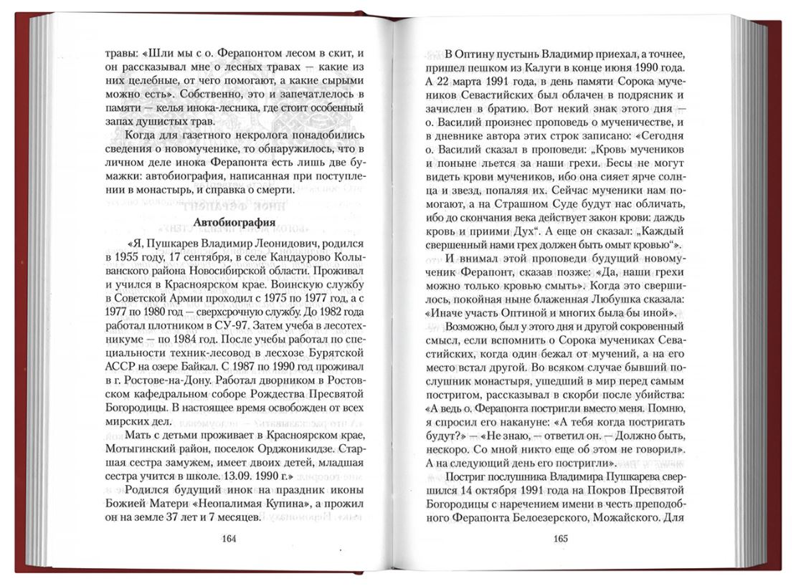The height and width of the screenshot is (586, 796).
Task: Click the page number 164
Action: (x=229, y=539)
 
